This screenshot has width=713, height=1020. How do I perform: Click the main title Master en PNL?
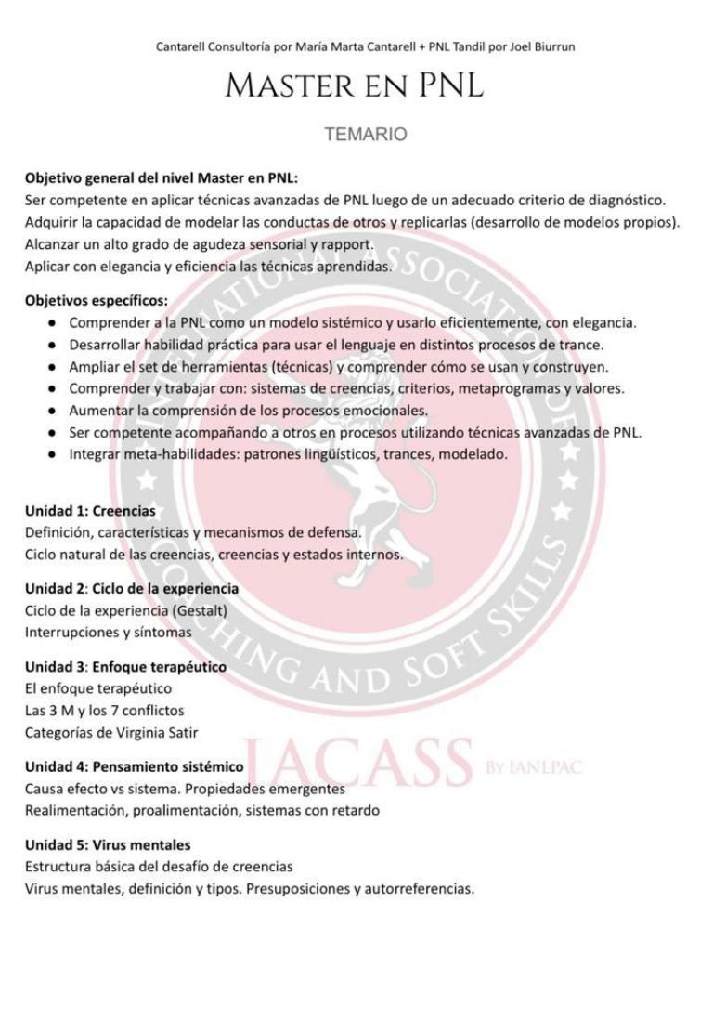click(354, 87)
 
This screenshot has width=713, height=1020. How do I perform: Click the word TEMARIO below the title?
click(365, 135)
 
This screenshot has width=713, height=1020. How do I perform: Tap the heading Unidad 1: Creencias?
click(90, 511)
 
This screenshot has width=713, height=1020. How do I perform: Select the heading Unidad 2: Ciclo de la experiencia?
click(132, 589)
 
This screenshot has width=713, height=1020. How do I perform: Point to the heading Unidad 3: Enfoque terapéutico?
click(125, 667)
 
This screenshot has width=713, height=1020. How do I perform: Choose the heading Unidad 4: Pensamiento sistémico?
click(135, 766)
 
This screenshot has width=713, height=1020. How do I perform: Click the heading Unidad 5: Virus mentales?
click(108, 845)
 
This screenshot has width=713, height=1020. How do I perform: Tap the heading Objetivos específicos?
click(97, 301)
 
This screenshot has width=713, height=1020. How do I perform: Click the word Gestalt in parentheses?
click(199, 610)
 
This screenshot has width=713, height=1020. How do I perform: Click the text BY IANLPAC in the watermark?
click(535, 768)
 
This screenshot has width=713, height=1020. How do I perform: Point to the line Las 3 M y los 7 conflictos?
click(105, 711)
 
